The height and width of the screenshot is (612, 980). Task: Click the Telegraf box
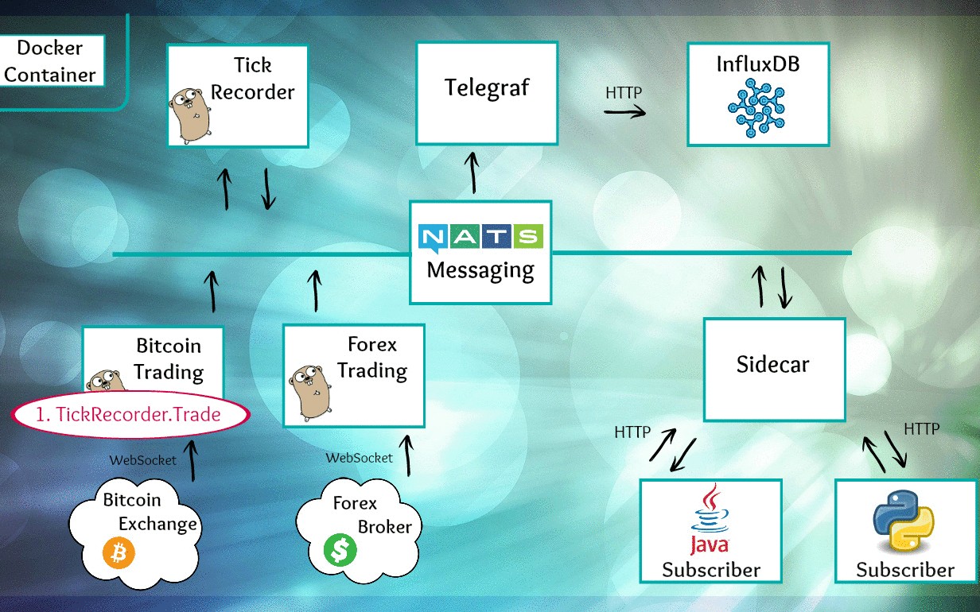pyautogui.click(x=487, y=94)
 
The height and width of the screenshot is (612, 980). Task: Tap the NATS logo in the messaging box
pyautogui.click(x=480, y=237)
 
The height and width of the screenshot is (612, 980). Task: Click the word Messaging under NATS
pyautogui.click(x=480, y=270)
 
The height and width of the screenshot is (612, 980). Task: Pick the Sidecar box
pyautogui.click(x=773, y=369)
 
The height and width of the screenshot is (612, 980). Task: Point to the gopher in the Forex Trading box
pyautogui.click(x=310, y=389)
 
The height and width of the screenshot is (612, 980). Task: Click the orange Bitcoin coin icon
pyautogui.click(x=119, y=553)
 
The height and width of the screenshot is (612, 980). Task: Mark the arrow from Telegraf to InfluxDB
pyautogui.click(x=624, y=111)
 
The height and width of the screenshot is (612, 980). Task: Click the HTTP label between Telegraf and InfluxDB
pyautogui.click(x=624, y=92)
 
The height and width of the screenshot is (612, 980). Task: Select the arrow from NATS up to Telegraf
pyautogui.click(x=474, y=173)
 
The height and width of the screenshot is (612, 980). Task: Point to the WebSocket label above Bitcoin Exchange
pyautogui.click(x=143, y=460)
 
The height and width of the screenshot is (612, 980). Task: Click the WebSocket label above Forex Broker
pyautogui.click(x=360, y=458)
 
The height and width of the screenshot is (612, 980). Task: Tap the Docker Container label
pyautogui.click(x=50, y=61)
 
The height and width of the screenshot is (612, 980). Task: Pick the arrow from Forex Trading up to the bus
pyautogui.click(x=315, y=290)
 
